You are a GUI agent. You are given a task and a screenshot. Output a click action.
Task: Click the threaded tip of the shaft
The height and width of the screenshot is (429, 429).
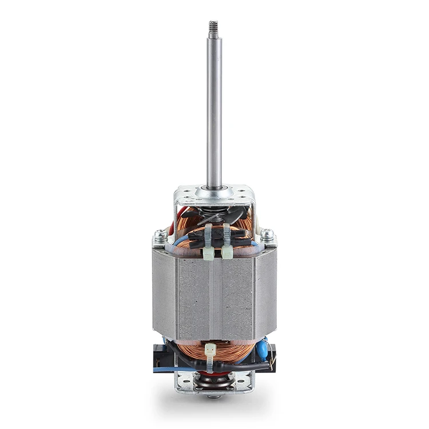(x=214, y=26)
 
